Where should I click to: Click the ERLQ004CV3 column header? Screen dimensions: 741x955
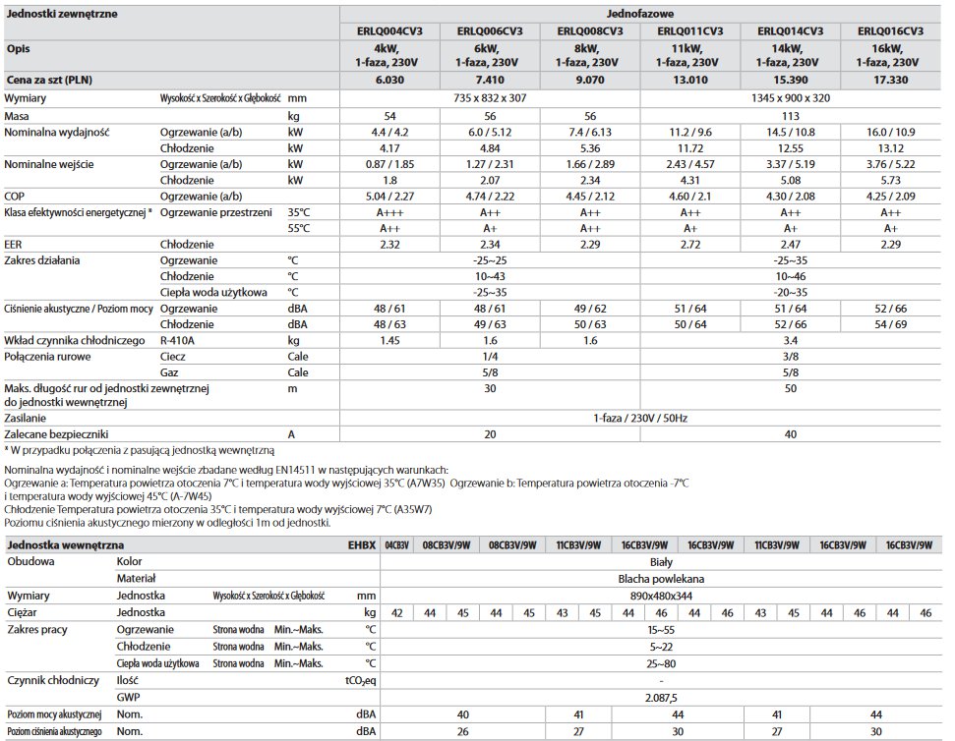pyautogui.click(x=390, y=31)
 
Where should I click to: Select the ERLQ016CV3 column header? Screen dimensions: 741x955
pyautogui.click(x=890, y=31)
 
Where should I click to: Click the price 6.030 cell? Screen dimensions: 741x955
pyautogui.click(x=390, y=80)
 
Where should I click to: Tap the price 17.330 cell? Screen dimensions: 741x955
pyautogui.click(x=890, y=80)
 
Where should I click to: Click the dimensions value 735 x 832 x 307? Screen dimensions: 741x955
pyautogui.click(x=490, y=98)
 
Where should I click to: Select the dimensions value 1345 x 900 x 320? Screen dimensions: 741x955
pyautogui.click(x=790, y=98)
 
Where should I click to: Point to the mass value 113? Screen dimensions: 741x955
pyautogui.click(x=790, y=116)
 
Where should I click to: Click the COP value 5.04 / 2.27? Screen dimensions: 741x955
pyautogui.click(x=390, y=195)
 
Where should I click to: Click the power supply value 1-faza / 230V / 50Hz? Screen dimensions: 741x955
pyautogui.click(x=640, y=418)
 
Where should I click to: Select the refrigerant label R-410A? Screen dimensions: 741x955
pyautogui.click(x=179, y=339)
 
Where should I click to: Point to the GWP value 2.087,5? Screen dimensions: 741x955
pyautogui.click(x=655, y=697)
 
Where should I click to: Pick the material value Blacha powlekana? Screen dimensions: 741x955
pyautogui.click(x=655, y=579)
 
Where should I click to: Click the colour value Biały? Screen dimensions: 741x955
pyautogui.click(x=655, y=561)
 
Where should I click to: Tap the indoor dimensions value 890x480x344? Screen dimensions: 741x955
pyautogui.click(x=655, y=596)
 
